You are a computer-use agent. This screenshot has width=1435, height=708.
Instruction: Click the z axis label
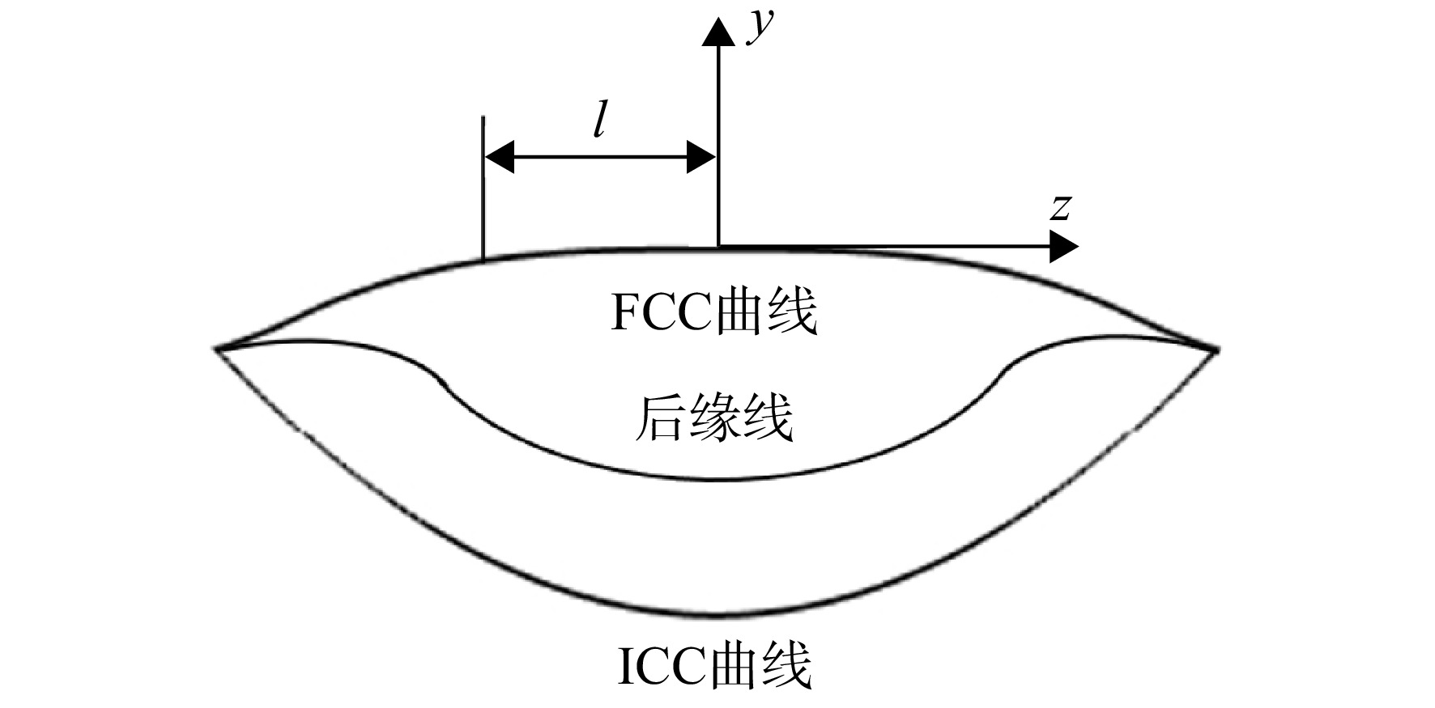[x=1061, y=208]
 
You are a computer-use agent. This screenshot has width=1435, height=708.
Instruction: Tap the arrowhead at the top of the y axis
[x=717, y=31]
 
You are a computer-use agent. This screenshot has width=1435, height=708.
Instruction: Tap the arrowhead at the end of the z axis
[x=1063, y=246]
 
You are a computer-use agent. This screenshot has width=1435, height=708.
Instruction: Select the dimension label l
[x=598, y=121]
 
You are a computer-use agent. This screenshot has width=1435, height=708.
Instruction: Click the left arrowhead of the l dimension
[x=499, y=156]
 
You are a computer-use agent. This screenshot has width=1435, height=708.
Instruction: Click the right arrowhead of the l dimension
[x=700, y=156]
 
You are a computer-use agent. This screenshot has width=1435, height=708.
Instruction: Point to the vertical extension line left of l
[x=483, y=188]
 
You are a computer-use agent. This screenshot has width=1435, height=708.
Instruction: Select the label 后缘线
[x=713, y=418]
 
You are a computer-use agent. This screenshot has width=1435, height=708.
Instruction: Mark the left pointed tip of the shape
[x=216, y=349]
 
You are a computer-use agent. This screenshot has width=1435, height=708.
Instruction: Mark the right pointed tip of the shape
[x=1216, y=350]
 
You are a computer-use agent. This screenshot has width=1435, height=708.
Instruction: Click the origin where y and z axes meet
[x=717, y=246]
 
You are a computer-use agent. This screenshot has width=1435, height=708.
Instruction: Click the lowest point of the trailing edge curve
[x=717, y=480]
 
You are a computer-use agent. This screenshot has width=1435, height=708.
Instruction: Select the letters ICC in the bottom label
[x=663, y=666]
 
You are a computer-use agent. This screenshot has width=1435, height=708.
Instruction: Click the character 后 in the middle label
[x=658, y=418]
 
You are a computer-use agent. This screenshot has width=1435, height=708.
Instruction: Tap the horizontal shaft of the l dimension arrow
[x=599, y=156]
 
